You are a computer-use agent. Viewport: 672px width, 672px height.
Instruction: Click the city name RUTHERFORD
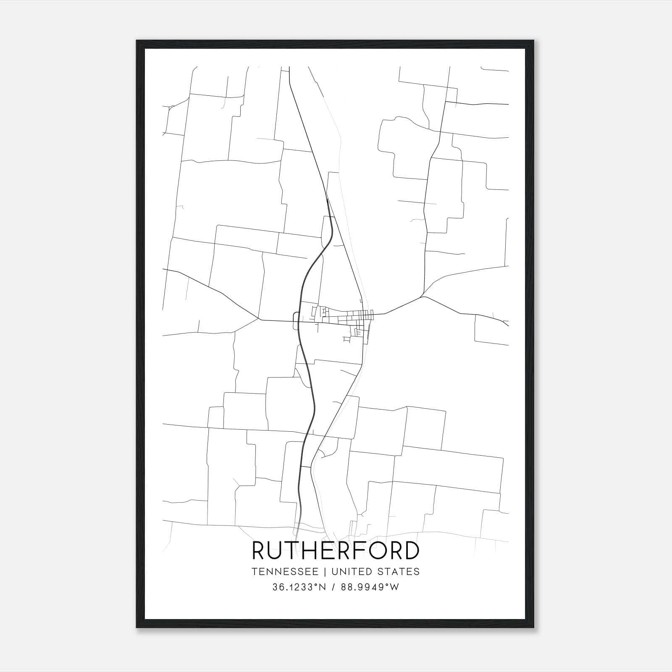(x=336, y=550)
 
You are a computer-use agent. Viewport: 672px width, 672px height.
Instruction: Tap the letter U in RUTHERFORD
(x=278, y=550)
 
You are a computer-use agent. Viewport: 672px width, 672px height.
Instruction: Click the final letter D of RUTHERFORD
(x=411, y=550)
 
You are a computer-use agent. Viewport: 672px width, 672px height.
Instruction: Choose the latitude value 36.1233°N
(x=299, y=587)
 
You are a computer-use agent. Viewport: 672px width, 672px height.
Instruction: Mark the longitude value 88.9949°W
(x=370, y=587)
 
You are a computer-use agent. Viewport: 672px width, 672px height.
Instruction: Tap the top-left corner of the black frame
(x=137, y=41)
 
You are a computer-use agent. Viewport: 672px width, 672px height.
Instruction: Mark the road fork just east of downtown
(x=423, y=296)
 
